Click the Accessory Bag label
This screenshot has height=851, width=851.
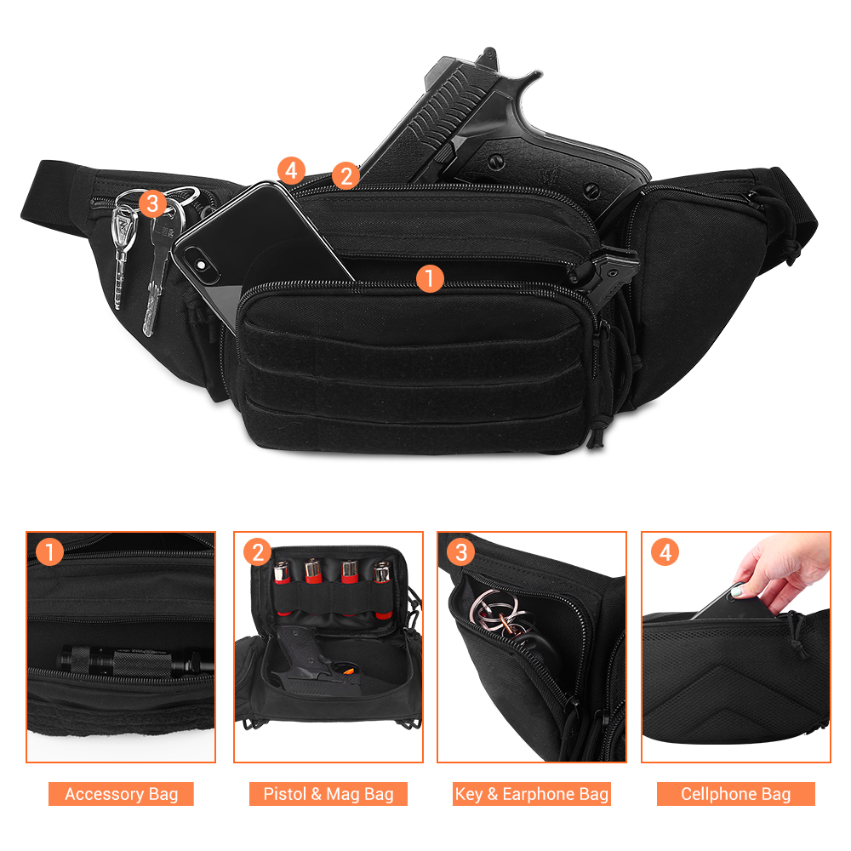tap(121, 794)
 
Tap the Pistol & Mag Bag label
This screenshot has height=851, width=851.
tap(328, 794)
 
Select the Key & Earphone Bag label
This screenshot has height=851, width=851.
tap(531, 794)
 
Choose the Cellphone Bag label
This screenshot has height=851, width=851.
tap(735, 794)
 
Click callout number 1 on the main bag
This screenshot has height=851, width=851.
tap(430, 277)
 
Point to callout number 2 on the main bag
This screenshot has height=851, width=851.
tap(345, 175)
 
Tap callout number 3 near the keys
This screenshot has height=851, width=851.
tap(151, 203)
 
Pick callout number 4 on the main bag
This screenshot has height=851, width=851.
tap(291, 170)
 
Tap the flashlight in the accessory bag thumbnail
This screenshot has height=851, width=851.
tap(128, 660)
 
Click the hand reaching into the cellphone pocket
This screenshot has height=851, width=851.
tap(779, 570)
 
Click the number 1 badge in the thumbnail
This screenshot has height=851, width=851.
tap(50, 552)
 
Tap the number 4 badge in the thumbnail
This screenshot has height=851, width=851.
tap(665, 552)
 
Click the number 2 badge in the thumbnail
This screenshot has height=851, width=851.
tap(257, 552)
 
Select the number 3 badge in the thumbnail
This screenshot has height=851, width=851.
tap(460, 552)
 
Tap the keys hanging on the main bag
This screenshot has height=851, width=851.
tap(136, 255)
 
